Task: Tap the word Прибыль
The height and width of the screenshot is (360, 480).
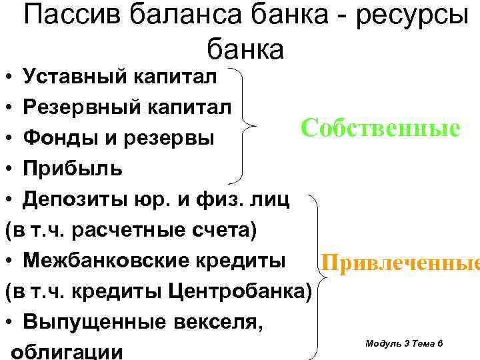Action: coord(72,169)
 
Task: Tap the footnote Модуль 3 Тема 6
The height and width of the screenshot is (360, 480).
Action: coord(405,343)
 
